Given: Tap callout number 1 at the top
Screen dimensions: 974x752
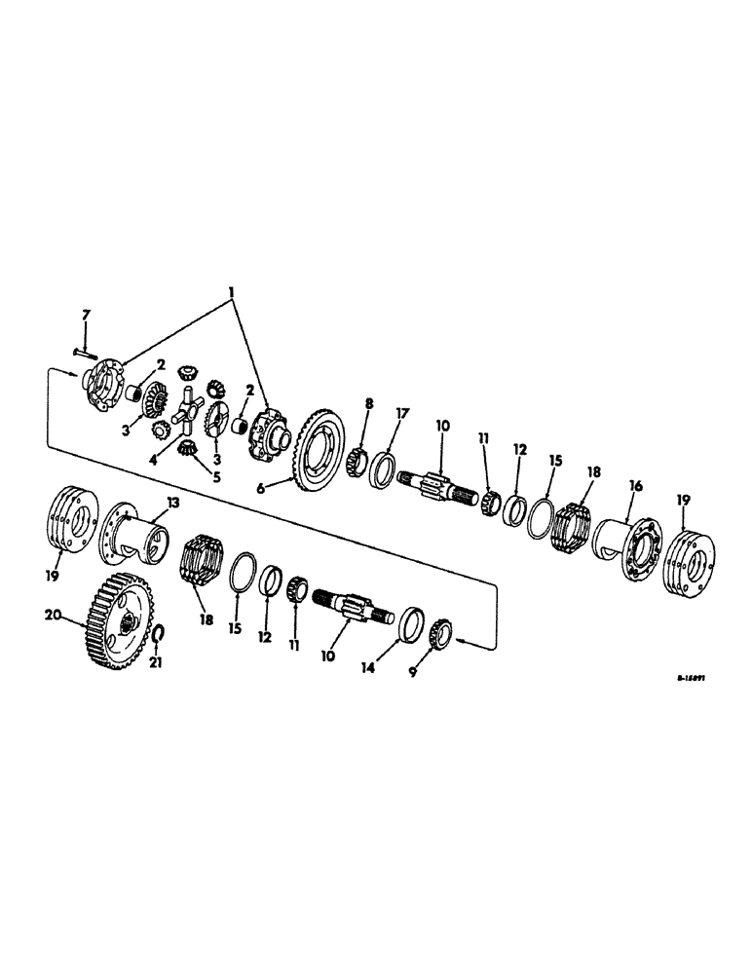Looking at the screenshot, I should tap(231, 292).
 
